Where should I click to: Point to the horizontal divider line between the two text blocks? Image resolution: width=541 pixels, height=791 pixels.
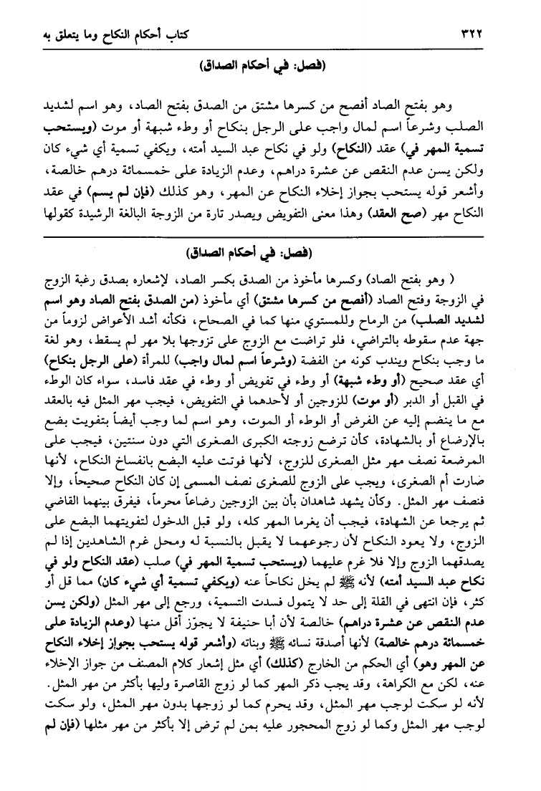point(270,235)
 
